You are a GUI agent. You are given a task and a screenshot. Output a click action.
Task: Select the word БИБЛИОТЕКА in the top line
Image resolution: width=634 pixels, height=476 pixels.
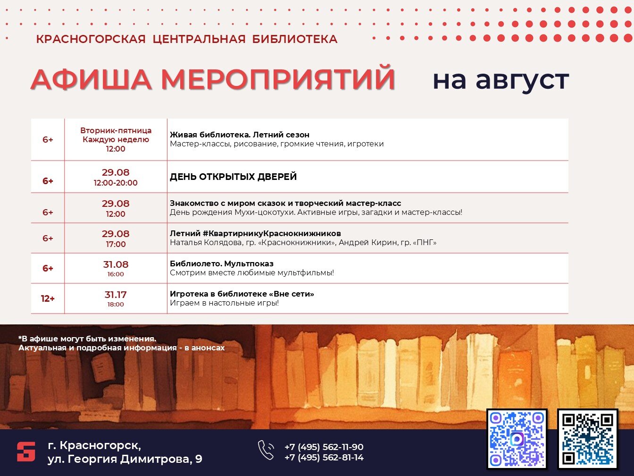[x=295, y=39]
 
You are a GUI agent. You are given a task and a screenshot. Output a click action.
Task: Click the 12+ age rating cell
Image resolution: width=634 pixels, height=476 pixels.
[x=48, y=298]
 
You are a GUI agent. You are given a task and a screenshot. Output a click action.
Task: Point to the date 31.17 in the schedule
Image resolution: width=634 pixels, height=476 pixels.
[x=116, y=295]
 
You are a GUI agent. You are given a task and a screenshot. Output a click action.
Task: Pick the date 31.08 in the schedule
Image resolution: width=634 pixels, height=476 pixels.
[x=116, y=264]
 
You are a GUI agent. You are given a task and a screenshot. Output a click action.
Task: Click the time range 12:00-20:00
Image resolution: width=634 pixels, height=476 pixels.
[x=116, y=183]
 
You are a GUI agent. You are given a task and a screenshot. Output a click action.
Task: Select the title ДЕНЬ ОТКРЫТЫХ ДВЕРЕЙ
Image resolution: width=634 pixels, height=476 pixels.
[x=233, y=177]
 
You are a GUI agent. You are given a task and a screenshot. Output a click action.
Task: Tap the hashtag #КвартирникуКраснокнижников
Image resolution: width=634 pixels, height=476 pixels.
[x=272, y=233]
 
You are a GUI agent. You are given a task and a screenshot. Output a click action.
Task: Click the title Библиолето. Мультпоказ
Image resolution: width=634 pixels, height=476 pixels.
[x=222, y=263]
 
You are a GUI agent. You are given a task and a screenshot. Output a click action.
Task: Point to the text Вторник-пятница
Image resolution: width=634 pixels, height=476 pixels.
[x=116, y=130]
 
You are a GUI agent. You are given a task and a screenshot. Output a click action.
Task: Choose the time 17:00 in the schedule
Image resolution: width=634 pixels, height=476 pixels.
[x=116, y=244]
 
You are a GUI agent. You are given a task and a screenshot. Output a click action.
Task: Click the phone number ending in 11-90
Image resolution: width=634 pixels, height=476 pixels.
[x=324, y=447]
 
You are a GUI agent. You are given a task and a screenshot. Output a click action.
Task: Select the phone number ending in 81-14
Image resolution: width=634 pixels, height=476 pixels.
[x=324, y=457]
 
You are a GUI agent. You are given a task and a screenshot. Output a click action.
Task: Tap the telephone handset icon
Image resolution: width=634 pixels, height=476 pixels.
[x=266, y=450]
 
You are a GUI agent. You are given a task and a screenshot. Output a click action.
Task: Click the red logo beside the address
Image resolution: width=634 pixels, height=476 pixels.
[x=26, y=451]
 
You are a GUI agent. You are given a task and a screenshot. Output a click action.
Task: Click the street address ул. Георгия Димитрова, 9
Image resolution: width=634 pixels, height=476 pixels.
[x=125, y=459]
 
